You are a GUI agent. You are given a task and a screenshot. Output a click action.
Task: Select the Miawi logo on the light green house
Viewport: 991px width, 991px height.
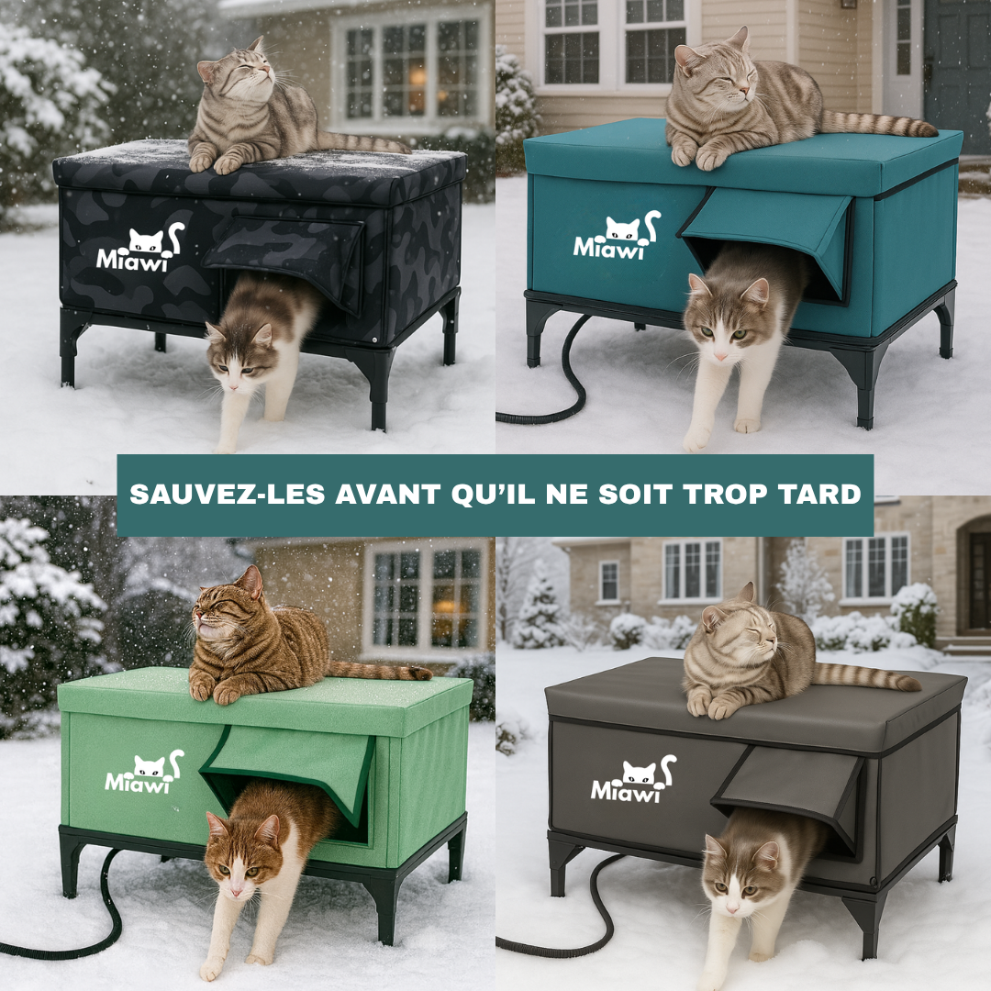click(x=143, y=773)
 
